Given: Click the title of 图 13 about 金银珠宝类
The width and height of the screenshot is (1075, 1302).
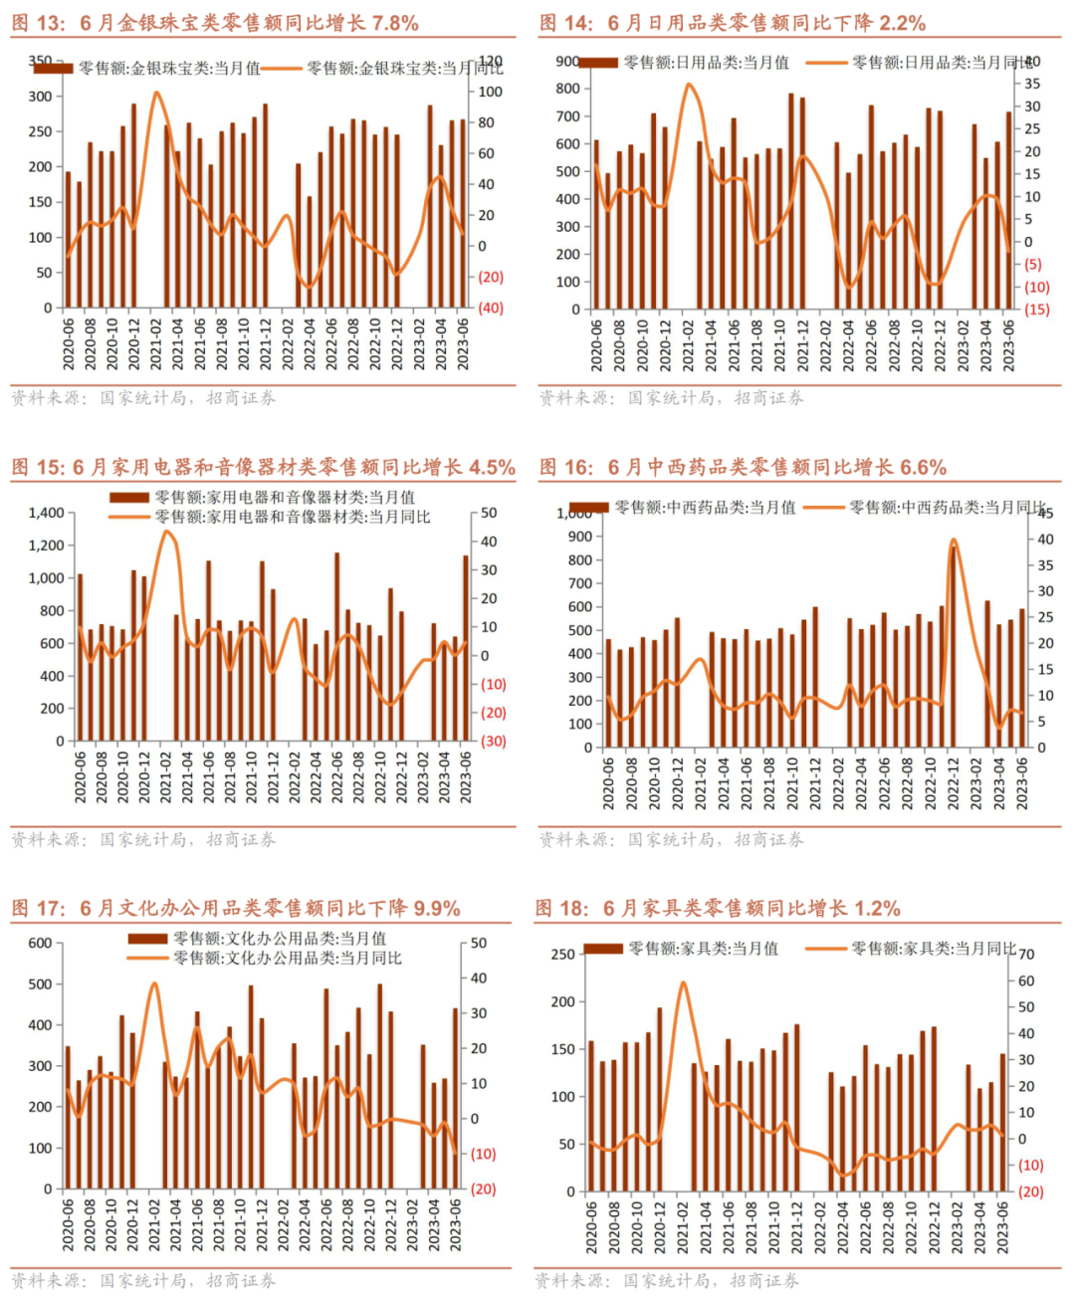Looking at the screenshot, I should (215, 23).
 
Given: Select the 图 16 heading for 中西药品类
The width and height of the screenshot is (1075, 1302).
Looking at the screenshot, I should (743, 467).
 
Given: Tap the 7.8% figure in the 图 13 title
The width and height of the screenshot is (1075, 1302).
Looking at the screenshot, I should (395, 23).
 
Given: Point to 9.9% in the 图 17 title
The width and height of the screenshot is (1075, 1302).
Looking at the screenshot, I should (436, 908).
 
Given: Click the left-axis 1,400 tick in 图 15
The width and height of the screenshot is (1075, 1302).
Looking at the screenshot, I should (46, 513).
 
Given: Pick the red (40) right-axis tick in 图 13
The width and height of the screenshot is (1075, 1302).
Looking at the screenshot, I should (491, 308).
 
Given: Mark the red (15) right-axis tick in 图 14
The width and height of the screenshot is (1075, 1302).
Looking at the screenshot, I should (1036, 309).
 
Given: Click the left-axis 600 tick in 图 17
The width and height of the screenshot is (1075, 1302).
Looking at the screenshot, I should (40, 943).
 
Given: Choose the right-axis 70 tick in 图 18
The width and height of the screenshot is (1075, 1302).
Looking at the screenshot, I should (1026, 955).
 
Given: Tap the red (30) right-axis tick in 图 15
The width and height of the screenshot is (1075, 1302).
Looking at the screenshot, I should (494, 741).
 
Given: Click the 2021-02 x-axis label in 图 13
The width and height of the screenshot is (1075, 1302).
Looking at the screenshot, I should (156, 344).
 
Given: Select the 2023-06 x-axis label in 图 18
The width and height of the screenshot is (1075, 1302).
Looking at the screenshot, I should (1002, 1226).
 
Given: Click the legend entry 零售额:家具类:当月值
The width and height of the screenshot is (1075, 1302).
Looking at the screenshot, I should (703, 949).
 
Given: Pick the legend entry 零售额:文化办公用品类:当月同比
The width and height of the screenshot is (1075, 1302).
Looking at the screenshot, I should (287, 958).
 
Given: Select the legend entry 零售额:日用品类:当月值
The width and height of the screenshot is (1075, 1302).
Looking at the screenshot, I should (706, 63).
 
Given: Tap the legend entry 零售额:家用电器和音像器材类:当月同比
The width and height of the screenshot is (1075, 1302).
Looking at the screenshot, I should (292, 517).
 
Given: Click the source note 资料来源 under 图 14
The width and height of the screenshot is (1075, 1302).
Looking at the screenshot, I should (671, 398).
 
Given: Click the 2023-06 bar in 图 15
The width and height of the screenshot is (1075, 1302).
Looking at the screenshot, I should (465, 647).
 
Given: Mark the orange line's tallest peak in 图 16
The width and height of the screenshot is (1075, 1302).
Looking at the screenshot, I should (954, 542).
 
